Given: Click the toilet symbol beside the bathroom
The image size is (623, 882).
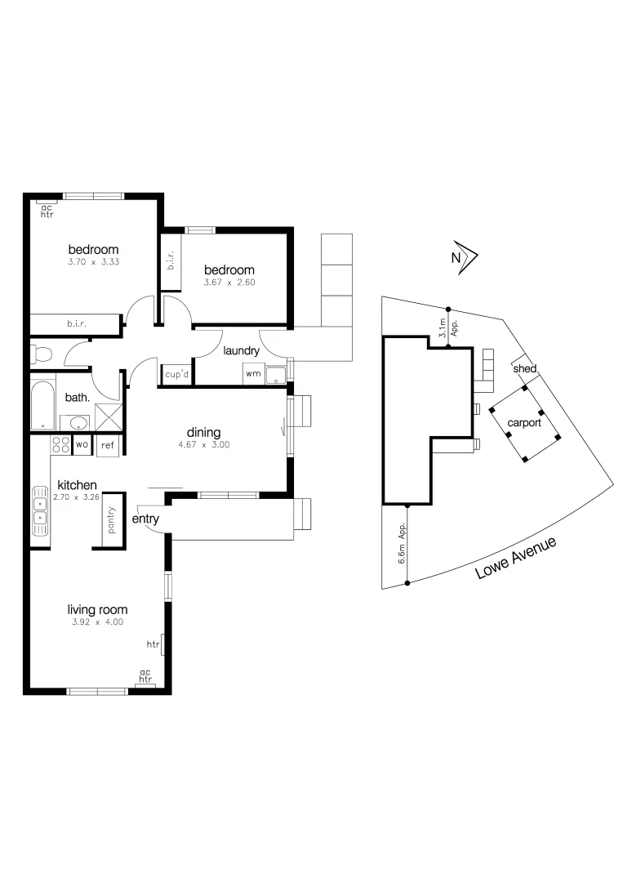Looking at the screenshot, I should pos(41,354).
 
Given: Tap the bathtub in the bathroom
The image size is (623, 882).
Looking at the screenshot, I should pos(43,403).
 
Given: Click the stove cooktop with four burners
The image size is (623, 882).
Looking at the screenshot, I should pos(60,445).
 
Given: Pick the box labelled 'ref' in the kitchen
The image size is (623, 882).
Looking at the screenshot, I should pos(108,446).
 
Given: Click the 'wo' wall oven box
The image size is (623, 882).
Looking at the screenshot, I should pos(82,445).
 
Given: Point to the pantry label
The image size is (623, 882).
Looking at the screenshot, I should pos(112,520).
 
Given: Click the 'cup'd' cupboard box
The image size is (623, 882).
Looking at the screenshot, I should pos(176,374).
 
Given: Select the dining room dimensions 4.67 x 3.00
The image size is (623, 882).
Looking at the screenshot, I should pos(204,446).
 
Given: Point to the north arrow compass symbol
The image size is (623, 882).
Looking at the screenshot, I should pos(465,257).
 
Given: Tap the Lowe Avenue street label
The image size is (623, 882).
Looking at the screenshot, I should pos(516,559).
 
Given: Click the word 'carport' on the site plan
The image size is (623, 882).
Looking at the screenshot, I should pos(523,424).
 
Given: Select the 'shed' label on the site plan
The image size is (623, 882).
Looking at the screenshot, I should pos(524,369).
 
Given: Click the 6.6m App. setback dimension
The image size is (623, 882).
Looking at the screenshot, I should pos(403,544).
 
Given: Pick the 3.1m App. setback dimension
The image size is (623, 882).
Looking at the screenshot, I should pos(445,327).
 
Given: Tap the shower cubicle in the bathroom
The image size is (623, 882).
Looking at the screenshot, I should pos(107,417).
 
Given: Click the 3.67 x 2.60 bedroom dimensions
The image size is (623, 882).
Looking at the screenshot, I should pos(229,283).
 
